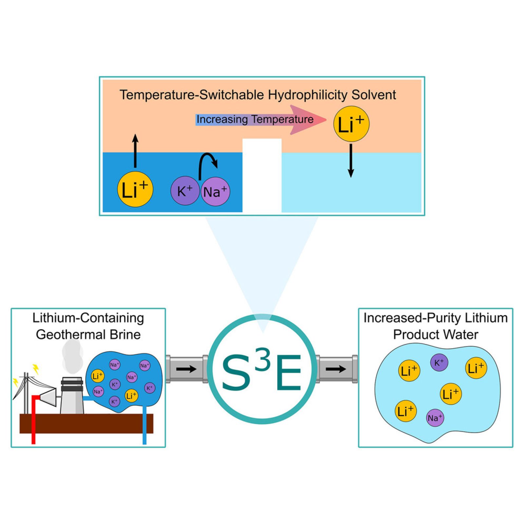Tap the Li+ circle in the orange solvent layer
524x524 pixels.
[351, 124]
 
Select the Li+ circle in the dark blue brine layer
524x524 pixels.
[135, 189]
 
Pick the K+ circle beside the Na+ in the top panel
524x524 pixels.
[184, 191]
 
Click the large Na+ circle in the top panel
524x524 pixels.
[215, 191]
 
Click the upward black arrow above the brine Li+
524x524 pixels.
[135, 151]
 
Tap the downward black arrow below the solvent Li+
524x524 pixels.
[351, 161]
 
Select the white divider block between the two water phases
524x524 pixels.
[262, 175]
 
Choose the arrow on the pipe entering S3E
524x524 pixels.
[186, 369]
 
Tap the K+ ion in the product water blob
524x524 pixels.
[439, 362]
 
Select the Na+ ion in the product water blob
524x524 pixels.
[435, 418]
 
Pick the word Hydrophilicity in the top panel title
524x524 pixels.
[308, 95]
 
